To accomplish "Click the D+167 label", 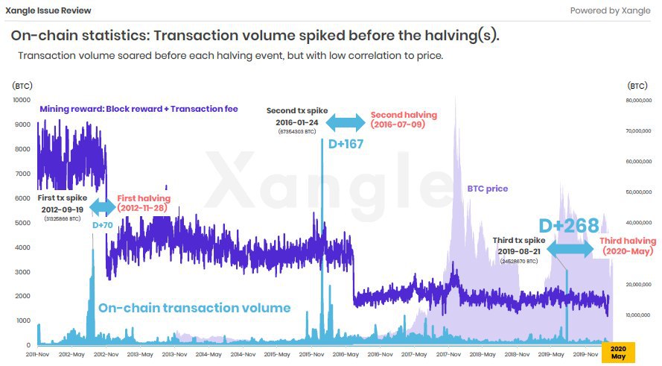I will (x=343, y=144).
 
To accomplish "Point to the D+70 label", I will (x=102, y=224).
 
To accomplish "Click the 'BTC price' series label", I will (x=487, y=189).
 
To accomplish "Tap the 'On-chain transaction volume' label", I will (x=194, y=307).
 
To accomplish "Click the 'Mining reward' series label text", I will (x=138, y=109).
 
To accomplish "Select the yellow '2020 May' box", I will (x=617, y=353).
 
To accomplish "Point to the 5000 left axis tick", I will (x=22, y=223).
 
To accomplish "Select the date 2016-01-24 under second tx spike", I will (x=296, y=123).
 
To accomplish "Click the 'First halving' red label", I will (x=144, y=198).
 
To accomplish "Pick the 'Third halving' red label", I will (x=628, y=241).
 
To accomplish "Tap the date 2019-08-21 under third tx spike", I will (x=522, y=252).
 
